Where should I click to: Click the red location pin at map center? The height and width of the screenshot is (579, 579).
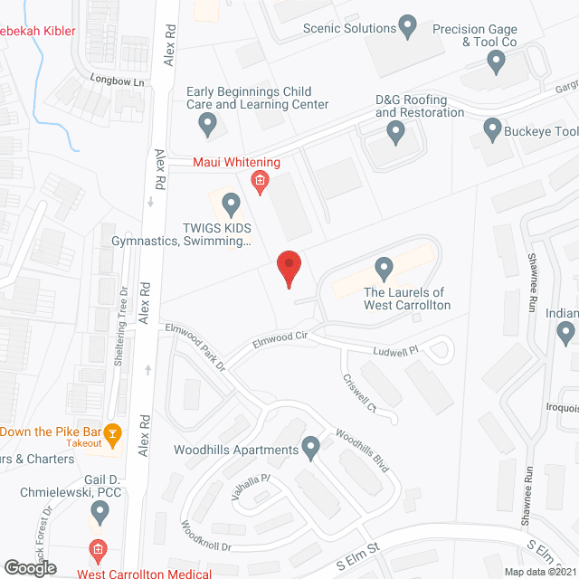(289, 268)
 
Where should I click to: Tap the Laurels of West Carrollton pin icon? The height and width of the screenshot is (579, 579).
(384, 268)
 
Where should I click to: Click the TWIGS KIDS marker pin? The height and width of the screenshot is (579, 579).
(231, 204)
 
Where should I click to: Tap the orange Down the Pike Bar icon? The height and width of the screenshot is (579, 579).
(112, 435)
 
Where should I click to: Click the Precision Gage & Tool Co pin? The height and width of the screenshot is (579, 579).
(495, 62)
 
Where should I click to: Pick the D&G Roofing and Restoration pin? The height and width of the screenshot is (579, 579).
(395, 133)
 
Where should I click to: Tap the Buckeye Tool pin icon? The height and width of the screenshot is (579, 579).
(492, 129)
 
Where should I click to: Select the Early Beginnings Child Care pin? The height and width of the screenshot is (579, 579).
(208, 123)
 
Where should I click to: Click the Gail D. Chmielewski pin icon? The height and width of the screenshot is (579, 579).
(100, 513)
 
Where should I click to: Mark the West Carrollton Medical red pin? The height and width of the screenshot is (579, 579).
(99, 550)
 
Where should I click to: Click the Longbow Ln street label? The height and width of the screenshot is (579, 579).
(117, 81)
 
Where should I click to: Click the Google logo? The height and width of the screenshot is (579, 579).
(29, 567)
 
